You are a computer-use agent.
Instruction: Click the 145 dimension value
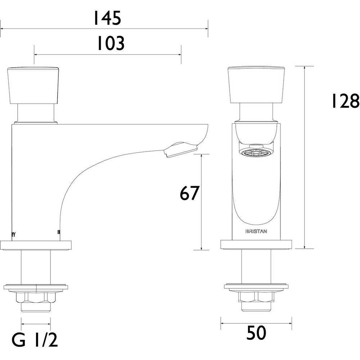click(107, 18)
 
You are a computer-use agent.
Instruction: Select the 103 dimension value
click(111, 44)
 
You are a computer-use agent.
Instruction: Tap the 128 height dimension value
click(345, 101)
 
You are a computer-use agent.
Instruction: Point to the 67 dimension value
click(189, 193)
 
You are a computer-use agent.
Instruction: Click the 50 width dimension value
click(256, 333)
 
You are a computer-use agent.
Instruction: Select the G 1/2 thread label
click(35, 340)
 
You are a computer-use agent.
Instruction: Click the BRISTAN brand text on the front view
click(256, 231)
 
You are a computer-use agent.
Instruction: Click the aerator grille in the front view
click(256, 153)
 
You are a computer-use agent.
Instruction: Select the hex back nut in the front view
click(256, 297)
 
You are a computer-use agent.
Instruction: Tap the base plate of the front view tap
click(256, 244)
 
